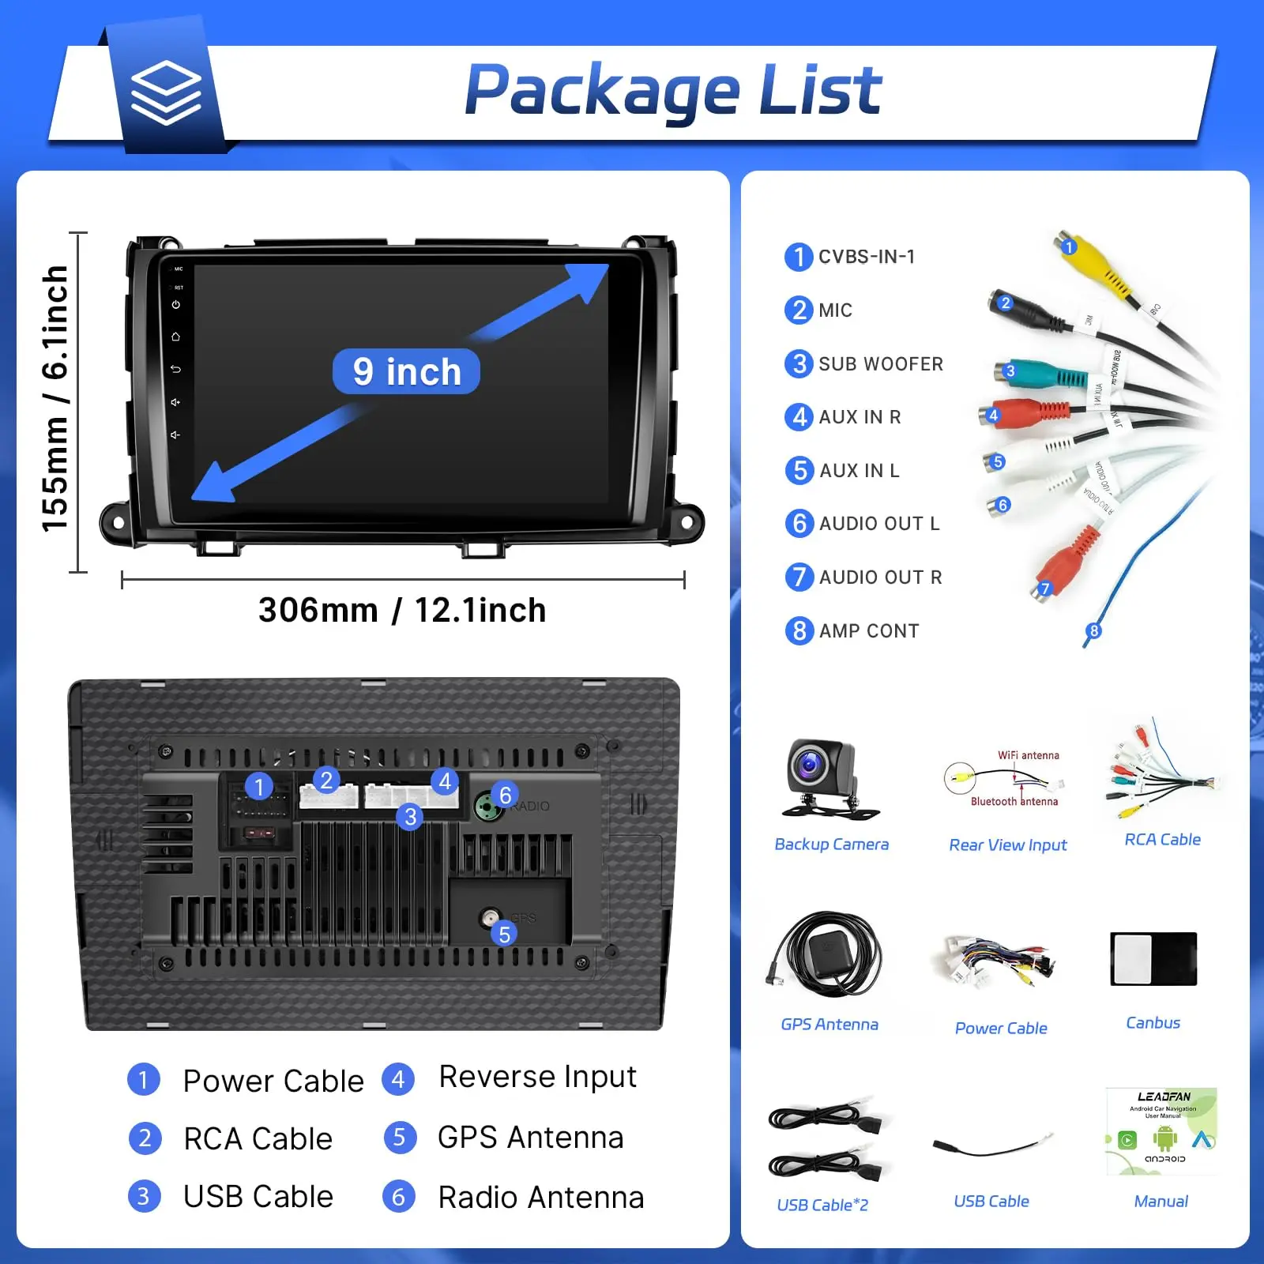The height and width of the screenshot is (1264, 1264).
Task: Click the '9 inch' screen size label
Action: (x=406, y=371)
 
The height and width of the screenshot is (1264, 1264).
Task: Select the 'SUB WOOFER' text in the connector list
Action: (x=880, y=364)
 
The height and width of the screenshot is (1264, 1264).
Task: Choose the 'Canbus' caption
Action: (x=1153, y=1023)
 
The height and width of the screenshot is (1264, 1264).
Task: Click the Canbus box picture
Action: (x=1153, y=959)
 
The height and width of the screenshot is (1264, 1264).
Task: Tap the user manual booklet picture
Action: (x=1161, y=1131)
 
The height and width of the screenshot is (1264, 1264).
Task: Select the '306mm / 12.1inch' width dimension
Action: (x=402, y=611)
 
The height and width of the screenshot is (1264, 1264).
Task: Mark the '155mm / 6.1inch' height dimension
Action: (x=55, y=399)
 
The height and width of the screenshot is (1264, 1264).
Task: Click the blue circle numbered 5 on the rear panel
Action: (x=504, y=935)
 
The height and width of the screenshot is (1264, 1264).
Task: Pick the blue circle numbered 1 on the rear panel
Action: (x=258, y=786)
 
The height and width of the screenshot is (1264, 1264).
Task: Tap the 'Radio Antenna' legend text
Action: (x=540, y=1198)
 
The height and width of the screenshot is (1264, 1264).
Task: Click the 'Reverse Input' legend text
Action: (x=537, y=1077)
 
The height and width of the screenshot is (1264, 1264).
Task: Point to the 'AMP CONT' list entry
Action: (x=868, y=631)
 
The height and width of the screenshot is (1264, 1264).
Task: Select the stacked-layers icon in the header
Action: (x=166, y=93)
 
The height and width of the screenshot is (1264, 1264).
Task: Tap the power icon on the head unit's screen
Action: (x=176, y=305)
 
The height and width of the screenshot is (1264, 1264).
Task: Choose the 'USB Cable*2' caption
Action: (x=822, y=1205)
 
